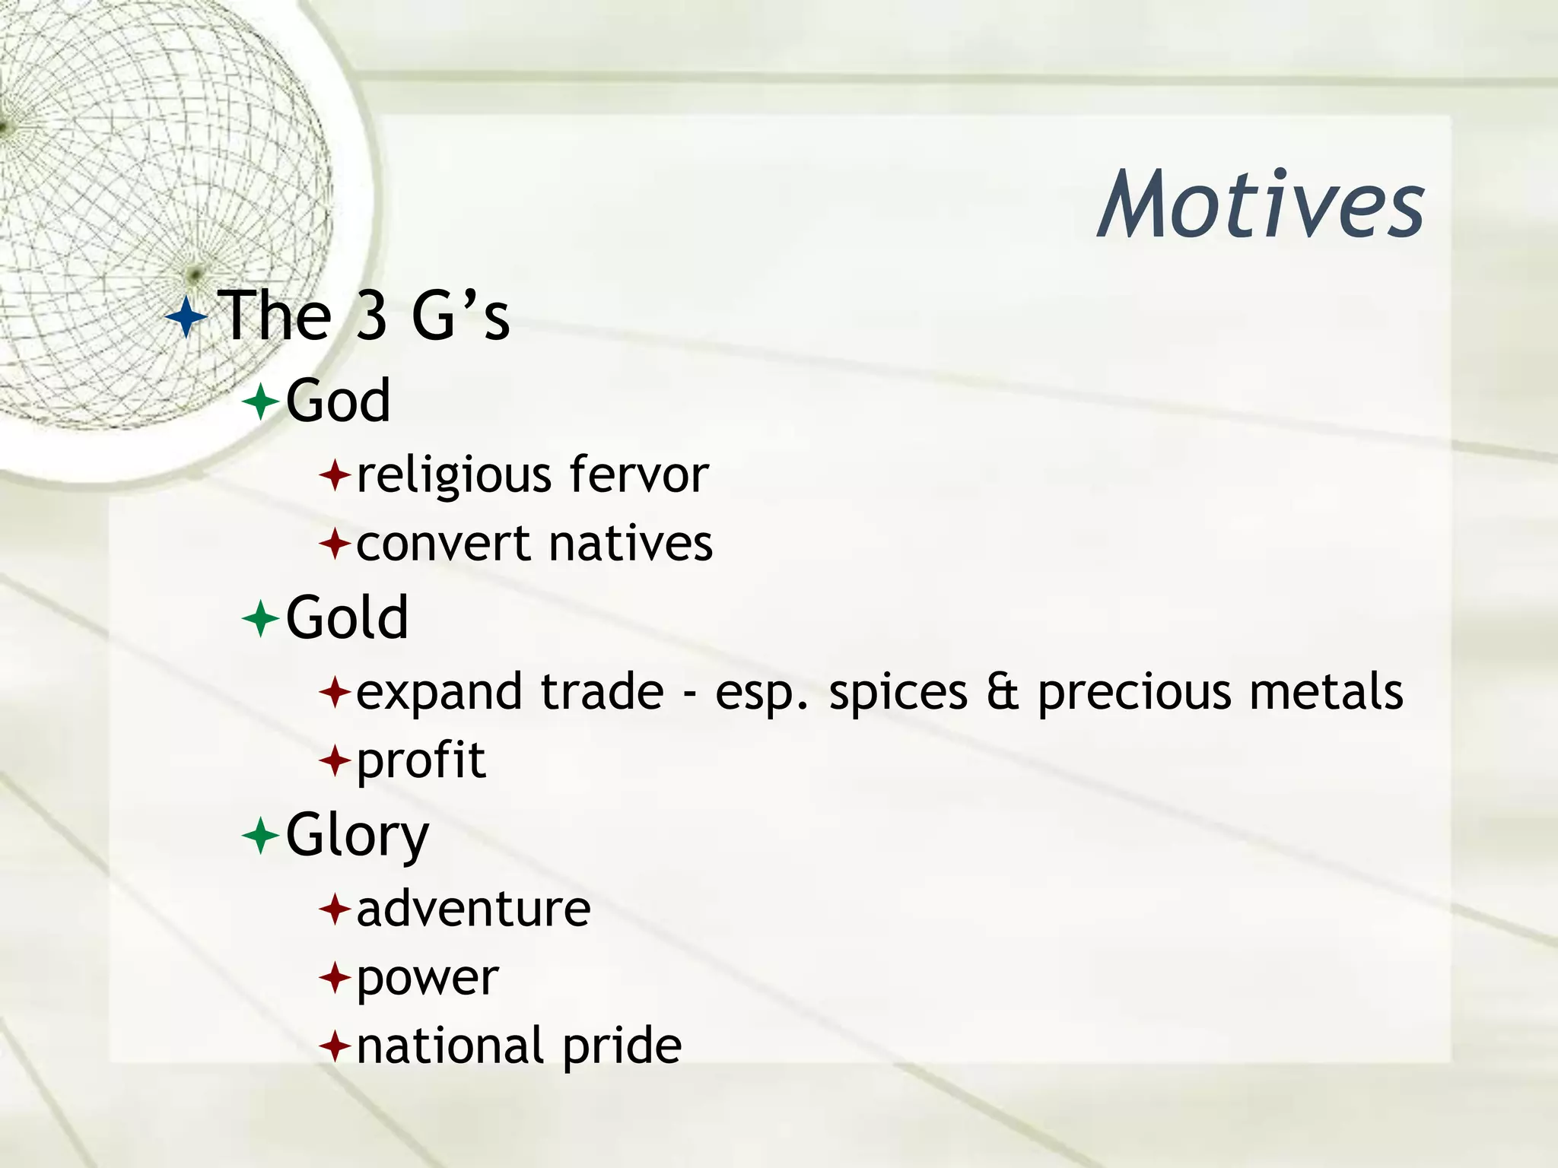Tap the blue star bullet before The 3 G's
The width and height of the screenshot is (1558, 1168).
pos(186,317)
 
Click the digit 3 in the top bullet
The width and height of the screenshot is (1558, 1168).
pos(372,316)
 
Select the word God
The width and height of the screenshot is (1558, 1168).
pos(339,401)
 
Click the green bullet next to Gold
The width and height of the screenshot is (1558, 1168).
pos(261,619)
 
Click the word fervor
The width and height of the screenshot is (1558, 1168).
pos(639,475)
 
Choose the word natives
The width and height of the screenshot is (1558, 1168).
pos(631,544)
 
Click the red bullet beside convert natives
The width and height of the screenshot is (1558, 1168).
pos(335,544)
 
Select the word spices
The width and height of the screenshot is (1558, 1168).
pos(898,693)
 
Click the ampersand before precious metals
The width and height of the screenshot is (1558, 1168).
pos(1003,692)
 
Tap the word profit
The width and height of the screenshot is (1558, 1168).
pos(421,761)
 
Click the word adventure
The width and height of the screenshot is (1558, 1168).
pos(473,909)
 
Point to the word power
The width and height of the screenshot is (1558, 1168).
pos(428,979)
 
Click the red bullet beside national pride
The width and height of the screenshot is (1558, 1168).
pos(335,1047)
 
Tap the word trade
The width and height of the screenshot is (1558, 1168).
pos(602,692)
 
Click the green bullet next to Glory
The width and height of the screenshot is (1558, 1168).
pos(261,836)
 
